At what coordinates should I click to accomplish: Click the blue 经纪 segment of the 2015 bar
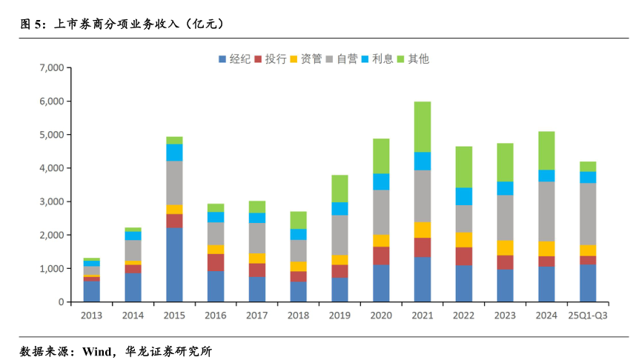[174, 264]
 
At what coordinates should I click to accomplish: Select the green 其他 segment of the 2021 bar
[422, 127]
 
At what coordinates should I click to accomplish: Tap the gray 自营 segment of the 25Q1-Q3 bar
[588, 214]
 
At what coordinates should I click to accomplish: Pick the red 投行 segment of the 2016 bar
[216, 262]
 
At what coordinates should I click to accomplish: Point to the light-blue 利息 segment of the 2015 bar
[174, 152]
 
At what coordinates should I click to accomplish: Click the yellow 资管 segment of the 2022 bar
[464, 239]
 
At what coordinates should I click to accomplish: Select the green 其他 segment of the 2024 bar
[546, 150]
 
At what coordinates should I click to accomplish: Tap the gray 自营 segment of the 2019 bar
[339, 235]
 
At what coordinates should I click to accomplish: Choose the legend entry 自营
[342, 59]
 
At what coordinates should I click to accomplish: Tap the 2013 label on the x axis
[92, 315]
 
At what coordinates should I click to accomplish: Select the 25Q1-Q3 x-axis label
[588, 315]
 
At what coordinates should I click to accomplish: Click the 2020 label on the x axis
[381, 315]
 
